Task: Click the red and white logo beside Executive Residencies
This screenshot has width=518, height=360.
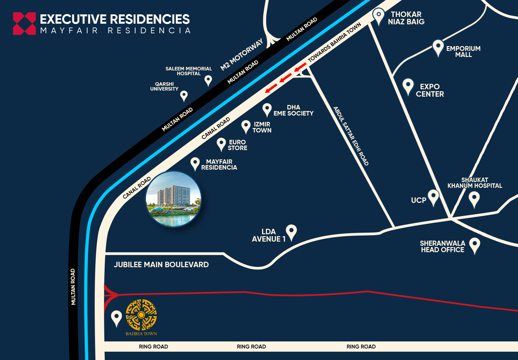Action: pos(24,23)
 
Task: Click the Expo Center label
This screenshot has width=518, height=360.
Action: pos(430,90)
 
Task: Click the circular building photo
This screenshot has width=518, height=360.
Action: pos(173,199)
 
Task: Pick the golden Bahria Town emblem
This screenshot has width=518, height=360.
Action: pos(141,315)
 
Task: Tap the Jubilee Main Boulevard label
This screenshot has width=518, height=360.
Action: pos(161,265)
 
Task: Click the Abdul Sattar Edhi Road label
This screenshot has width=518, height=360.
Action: pos(351,136)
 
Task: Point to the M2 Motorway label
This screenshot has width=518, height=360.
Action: pos(242,54)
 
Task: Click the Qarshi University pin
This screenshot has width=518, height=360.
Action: pos(184,95)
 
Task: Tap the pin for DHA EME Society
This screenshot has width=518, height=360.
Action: pos(267,109)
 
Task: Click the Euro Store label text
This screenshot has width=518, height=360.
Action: pos(237,145)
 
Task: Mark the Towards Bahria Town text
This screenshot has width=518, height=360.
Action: pos(334,42)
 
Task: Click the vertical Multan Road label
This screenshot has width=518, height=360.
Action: pos(73,286)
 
